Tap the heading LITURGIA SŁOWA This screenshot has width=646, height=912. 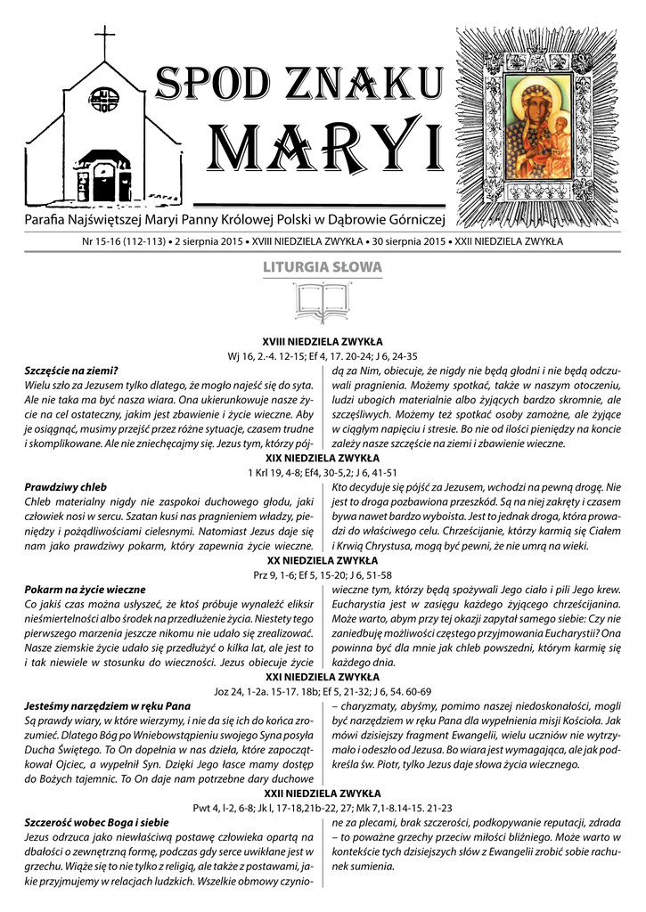322,267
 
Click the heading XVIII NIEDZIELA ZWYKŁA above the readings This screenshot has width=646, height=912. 322,341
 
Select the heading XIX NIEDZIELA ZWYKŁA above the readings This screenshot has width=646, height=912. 322,458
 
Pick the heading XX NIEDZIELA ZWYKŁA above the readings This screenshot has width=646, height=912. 322,560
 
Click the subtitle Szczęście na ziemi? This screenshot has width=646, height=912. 71,370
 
